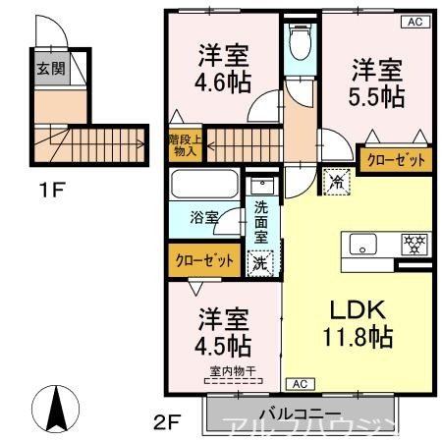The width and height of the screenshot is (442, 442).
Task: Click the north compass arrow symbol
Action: point(57,407)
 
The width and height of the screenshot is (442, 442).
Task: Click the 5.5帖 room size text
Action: point(378,95)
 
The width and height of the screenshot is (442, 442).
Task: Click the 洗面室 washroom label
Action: point(260,221)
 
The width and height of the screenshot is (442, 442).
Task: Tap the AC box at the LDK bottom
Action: point(299,383)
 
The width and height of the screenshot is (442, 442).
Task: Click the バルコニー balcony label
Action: point(300,414)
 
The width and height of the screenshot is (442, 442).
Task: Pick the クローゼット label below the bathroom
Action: point(205,260)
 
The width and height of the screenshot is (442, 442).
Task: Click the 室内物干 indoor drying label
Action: point(233,371)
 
